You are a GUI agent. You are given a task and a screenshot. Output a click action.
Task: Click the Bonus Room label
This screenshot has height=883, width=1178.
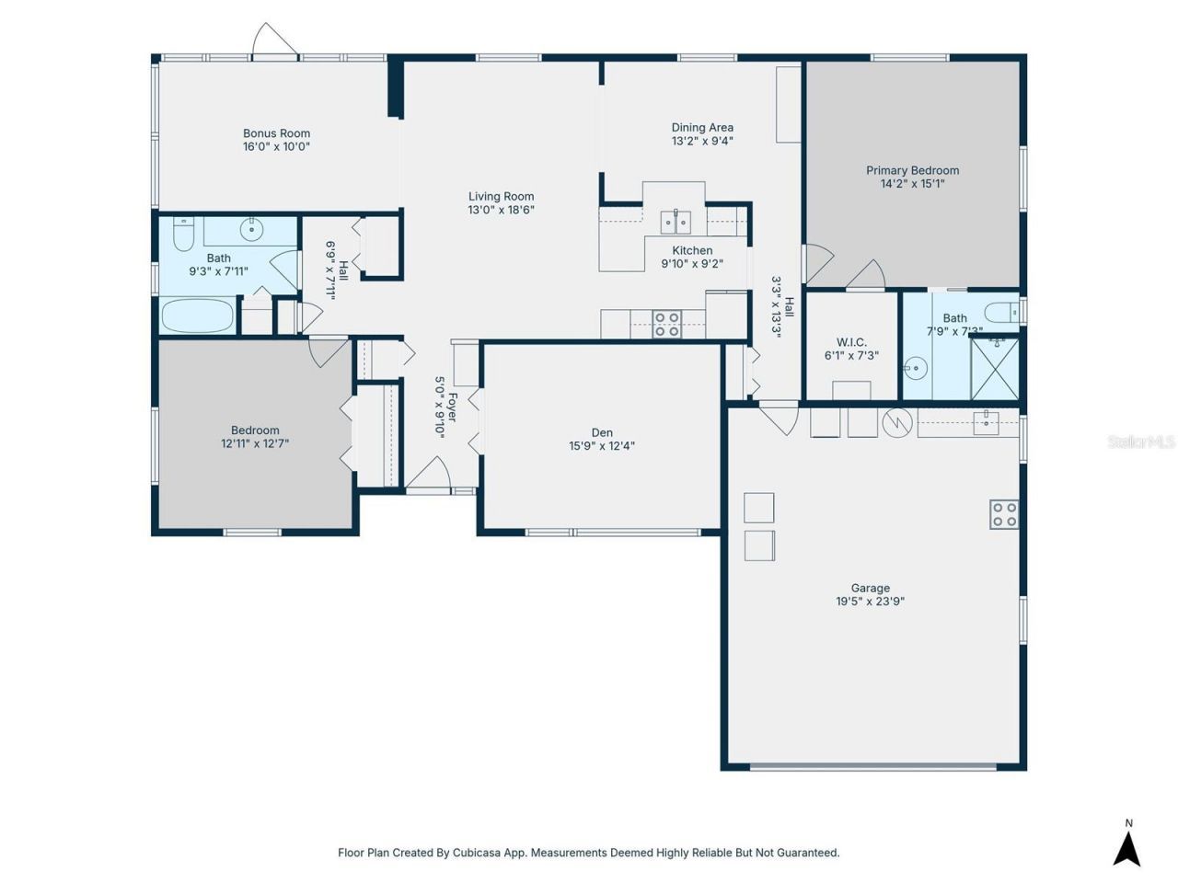(x=276, y=133)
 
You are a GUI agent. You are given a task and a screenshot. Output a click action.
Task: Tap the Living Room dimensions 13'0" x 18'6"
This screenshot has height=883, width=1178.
(x=501, y=210)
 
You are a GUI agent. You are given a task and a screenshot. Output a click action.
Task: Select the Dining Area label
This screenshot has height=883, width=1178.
(x=702, y=128)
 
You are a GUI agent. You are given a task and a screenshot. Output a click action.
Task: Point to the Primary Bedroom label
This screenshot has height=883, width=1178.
(x=912, y=170)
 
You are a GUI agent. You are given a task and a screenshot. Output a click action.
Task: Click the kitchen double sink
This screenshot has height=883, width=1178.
(x=676, y=222)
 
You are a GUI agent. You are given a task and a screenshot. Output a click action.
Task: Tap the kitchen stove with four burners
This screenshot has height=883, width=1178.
(x=666, y=324)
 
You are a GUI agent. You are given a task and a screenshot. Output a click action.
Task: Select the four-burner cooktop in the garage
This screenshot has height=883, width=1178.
(x=1004, y=514)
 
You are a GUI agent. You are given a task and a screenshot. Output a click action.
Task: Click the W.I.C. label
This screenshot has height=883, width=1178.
(x=851, y=342)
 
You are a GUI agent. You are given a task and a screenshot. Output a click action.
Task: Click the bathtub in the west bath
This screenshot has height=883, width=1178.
(x=198, y=316)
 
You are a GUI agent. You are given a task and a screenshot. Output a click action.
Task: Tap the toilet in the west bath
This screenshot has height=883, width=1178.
(x=183, y=234)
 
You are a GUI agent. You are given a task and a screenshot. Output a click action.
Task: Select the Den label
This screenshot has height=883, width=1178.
(x=602, y=432)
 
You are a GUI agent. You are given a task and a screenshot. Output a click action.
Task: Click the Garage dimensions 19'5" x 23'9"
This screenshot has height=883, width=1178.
(x=870, y=602)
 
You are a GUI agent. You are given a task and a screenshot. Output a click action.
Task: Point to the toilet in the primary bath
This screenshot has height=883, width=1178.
(x=999, y=310)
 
